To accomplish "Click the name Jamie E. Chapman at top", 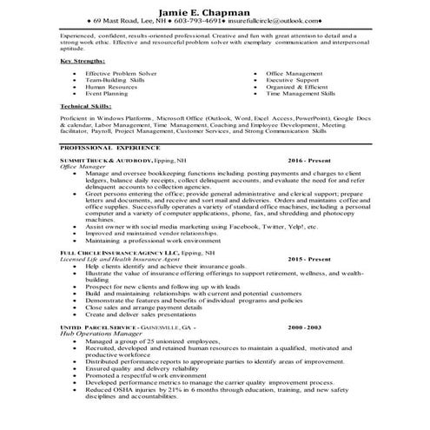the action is [215, 8].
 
